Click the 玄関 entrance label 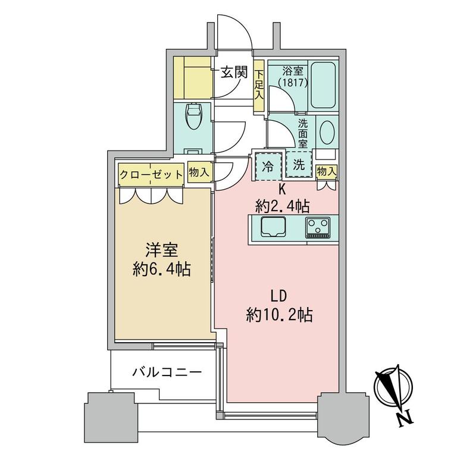pos(234,72)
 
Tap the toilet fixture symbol pos(193,116)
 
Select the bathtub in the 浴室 pos(323,85)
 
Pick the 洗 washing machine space pos(299,165)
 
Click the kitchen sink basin pos(273,227)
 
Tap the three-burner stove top pos(318,227)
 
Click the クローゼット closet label pos(151,175)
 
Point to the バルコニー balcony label pos(167,372)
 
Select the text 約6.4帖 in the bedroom pos(162,270)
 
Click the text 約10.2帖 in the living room pos(279,315)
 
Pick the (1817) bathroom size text pos(293,83)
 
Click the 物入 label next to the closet pos(199,173)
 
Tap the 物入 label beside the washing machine pos(327,171)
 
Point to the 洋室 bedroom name pos(162,251)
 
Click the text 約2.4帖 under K pos(282,206)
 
